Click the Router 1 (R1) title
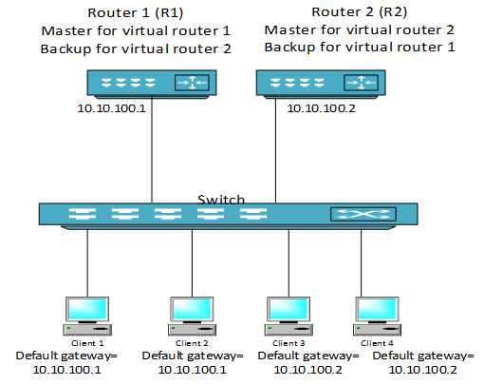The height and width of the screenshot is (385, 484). [x=136, y=13]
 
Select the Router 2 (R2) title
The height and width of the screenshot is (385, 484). [x=360, y=12]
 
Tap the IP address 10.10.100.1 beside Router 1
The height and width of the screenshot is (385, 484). [x=111, y=108]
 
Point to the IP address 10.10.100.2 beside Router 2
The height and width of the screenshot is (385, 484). [x=321, y=108]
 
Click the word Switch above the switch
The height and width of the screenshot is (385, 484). [x=221, y=199]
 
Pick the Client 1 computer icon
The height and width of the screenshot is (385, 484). [x=87, y=316]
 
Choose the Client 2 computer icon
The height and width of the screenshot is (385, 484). [x=192, y=316]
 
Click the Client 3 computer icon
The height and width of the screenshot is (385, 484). [x=289, y=316]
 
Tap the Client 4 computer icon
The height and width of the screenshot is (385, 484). [x=377, y=316]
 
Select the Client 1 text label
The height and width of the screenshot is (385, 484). [x=87, y=343]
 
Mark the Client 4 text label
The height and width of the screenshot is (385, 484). [x=377, y=343]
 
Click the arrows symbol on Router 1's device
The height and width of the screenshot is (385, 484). [x=192, y=83]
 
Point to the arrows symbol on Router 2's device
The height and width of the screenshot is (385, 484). [x=361, y=83]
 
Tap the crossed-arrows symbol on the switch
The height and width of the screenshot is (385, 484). [x=363, y=214]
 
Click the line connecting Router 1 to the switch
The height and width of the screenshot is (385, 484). [x=152, y=149]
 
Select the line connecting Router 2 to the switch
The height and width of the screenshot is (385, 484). [x=275, y=149]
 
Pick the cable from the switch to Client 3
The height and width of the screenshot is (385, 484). [x=289, y=263]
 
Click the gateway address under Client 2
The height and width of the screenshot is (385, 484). [x=192, y=370]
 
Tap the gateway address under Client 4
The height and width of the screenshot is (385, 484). [x=422, y=370]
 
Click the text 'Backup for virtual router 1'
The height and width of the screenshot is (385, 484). [x=360, y=48]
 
